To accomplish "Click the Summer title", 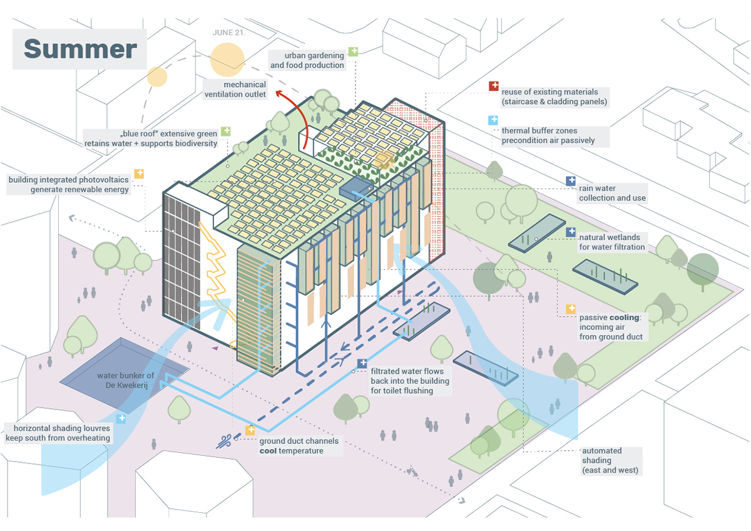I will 80,49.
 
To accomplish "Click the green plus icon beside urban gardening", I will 354,51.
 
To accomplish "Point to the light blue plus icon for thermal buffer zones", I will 493,120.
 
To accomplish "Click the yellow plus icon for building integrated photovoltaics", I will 139,173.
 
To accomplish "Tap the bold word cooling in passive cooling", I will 624,317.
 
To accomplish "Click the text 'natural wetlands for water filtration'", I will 611,242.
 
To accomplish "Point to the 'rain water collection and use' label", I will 612,193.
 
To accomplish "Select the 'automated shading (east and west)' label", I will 601,460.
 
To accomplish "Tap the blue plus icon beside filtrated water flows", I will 362,363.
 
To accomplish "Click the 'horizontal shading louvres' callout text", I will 58,433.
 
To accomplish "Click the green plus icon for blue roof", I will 225,131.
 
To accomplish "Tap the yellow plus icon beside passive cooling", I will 571,309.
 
